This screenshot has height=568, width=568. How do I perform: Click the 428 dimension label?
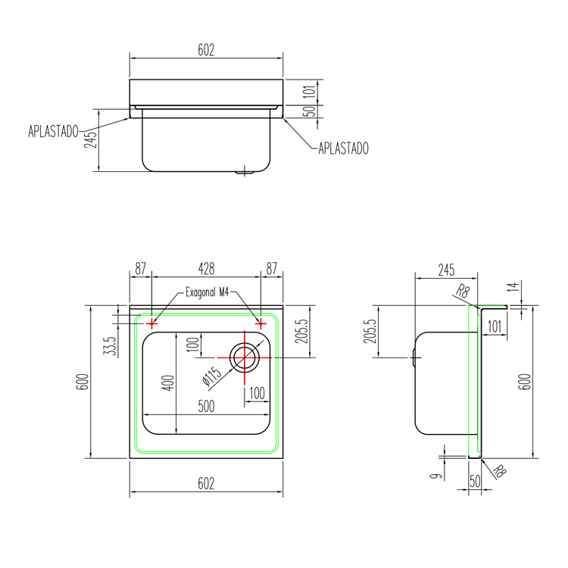(x=206, y=269)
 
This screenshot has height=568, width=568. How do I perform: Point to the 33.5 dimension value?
(x=111, y=345)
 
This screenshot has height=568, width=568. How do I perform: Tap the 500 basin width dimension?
(x=206, y=406)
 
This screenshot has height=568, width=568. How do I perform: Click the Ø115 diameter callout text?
(x=212, y=376)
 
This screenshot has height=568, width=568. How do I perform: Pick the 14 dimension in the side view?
(x=513, y=287)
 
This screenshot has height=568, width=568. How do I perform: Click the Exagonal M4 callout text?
(x=208, y=292)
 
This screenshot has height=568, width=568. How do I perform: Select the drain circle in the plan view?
(x=245, y=357)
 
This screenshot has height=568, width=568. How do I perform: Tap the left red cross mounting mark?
(x=151, y=323)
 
